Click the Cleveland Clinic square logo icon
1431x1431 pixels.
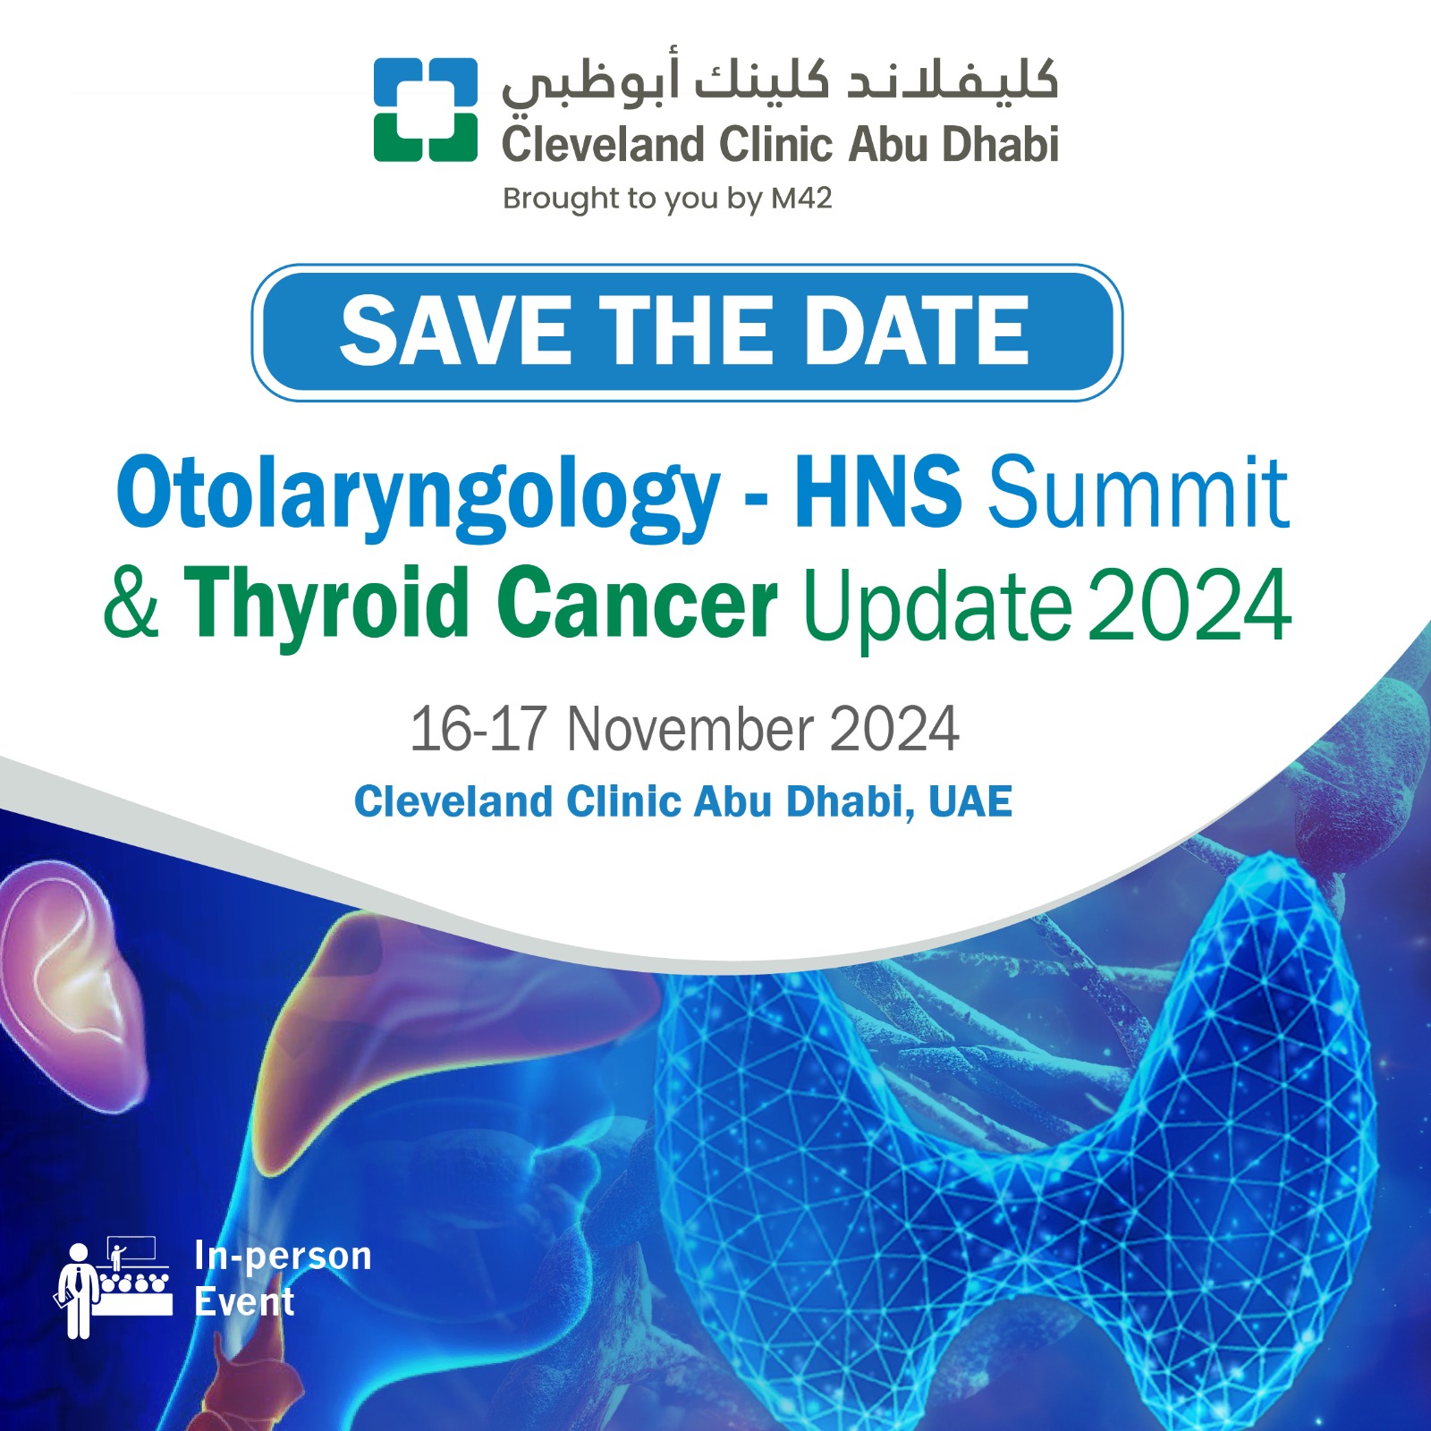point(426,109)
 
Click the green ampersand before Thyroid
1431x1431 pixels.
point(132,602)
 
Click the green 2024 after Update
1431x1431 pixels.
point(1190,605)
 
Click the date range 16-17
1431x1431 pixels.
point(478,728)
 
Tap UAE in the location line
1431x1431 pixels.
point(970,800)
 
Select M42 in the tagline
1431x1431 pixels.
point(801,198)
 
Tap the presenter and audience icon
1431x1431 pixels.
point(114,1286)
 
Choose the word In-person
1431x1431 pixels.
point(283,1256)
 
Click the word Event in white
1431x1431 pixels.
point(244,1302)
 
